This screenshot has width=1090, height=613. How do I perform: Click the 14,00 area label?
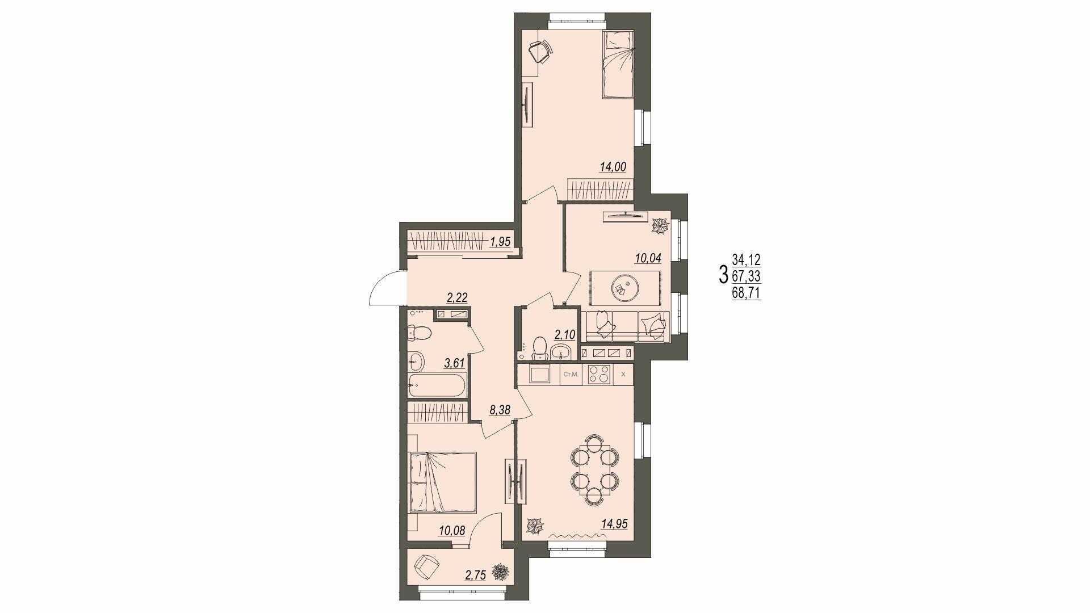[613, 167]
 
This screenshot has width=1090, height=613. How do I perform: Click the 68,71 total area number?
[747, 293]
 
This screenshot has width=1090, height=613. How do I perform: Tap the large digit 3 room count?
[723, 275]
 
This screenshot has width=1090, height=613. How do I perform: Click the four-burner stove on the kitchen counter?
[599, 375]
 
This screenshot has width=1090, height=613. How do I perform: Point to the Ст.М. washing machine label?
[571, 375]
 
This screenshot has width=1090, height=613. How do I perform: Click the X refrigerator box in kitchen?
[623, 375]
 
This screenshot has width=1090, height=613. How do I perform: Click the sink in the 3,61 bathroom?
[416, 359]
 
